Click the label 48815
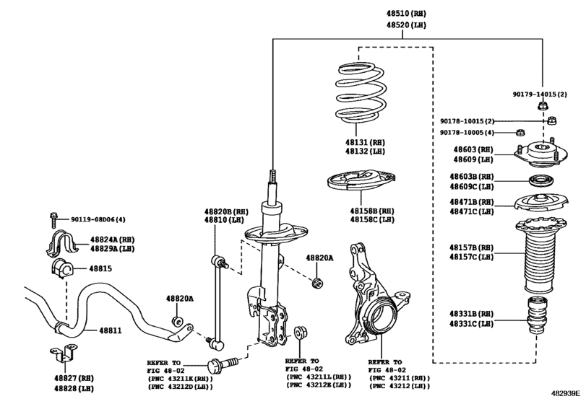tap(100, 268)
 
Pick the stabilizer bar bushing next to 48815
tap(61, 270)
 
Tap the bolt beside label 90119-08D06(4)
tap(54, 219)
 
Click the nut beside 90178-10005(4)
tap(519, 132)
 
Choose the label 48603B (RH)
tap(473, 177)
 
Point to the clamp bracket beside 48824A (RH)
tap(61, 242)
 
